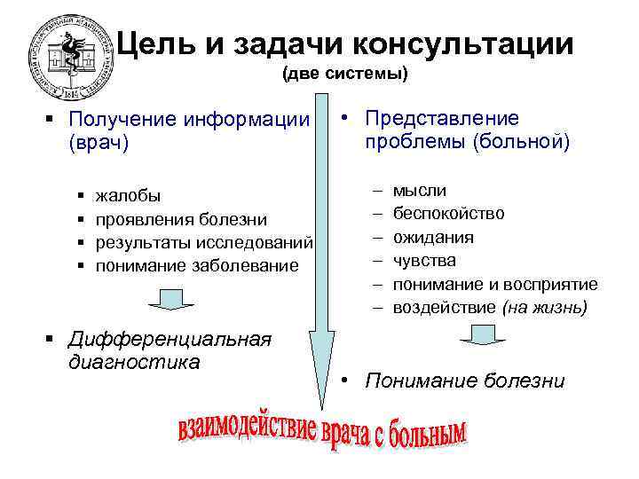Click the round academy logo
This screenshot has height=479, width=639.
(67, 59)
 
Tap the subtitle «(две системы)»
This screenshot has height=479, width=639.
(345, 75)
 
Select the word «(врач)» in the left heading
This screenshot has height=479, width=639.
(99, 143)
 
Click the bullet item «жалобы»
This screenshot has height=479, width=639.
(129, 195)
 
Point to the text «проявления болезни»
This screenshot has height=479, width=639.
(181, 218)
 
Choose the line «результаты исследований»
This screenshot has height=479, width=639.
(204, 241)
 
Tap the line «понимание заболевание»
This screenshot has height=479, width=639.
(197, 264)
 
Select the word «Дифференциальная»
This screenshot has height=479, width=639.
(170, 339)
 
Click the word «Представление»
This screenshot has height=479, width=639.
(442, 119)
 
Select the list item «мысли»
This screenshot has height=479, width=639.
(420, 191)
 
